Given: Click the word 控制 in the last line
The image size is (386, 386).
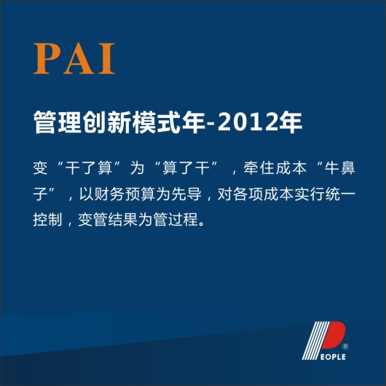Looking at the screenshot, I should click(49, 218).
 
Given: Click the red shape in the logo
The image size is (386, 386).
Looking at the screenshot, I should click(336, 336).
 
